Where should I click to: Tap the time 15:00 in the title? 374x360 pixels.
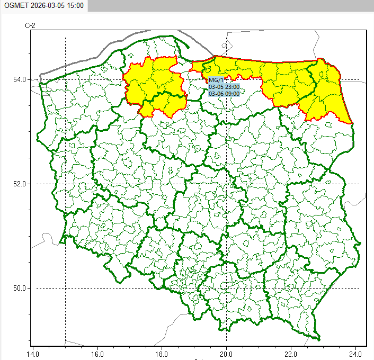(75, 6)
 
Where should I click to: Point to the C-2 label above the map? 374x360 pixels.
(30, 25)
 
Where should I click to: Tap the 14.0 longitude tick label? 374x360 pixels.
(33, 352)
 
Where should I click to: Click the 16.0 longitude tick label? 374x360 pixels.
(97, 352)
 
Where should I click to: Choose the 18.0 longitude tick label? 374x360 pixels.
(162, 352)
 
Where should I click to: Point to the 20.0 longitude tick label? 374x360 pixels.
(226, 352)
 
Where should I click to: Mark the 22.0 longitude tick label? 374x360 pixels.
(291, 352)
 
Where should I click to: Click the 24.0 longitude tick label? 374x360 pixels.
(355, 352)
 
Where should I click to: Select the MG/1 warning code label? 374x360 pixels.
(217, 80)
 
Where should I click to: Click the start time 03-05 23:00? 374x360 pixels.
(224, 87)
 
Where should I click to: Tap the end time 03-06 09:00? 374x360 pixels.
(224, 94)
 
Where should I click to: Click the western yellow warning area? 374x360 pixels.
(154, 85)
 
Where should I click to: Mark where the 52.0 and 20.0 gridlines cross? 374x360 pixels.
(226, 184)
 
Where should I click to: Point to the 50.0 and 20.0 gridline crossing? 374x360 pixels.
(226, 288)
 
